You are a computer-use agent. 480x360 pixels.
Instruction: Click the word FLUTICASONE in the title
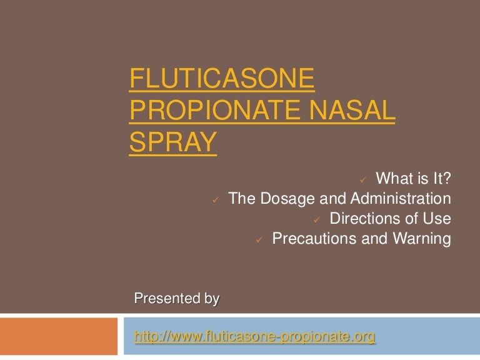(222, 80)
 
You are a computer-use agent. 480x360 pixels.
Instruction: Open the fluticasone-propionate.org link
(255, 337)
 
